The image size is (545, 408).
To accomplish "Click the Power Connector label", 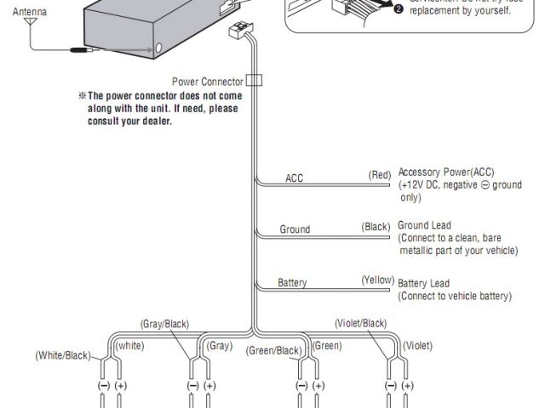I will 208,82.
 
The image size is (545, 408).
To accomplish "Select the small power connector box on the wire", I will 254,82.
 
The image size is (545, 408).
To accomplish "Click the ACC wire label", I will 294,178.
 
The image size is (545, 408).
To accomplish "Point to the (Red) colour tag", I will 380,175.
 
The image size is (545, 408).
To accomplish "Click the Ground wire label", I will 295,229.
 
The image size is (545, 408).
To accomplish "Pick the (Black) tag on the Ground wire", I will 376,226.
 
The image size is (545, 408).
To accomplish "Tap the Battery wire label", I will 292,282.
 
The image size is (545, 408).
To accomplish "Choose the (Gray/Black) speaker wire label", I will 164,324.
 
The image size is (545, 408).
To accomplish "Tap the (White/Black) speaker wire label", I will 62,354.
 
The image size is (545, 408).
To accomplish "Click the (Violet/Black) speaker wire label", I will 362,323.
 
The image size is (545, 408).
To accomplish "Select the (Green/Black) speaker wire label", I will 274,350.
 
